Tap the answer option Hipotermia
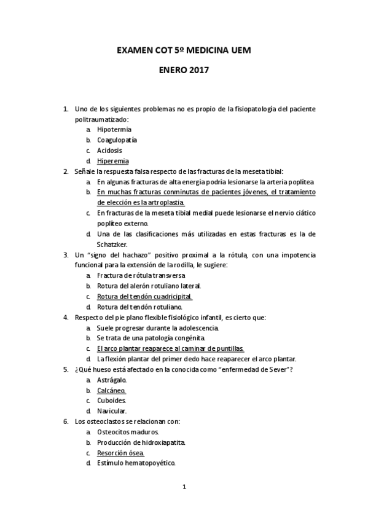click(x=114, y=130)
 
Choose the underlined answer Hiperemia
click(x=113, y=161)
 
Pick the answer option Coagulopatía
click(x=117, y=140)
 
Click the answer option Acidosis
click(x=109, y=151)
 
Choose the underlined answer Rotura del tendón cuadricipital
click(x=144, y=296)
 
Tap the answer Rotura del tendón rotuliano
click(x=139, y=307)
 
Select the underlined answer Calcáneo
click(x=111, y=390)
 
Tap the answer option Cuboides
click(x=111, y=401)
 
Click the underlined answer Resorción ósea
click(x=121, y=453)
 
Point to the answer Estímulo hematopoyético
click(x=136, y=463)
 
